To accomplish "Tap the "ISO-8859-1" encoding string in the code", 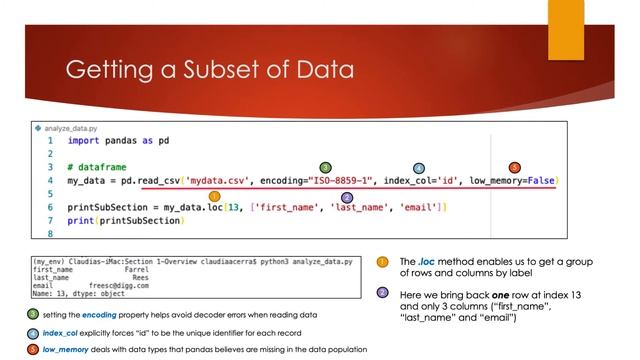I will [329, 179].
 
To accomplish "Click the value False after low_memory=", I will [541, 179].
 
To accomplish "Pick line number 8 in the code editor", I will [49, 233].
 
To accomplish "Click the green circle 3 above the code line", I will [325, 166].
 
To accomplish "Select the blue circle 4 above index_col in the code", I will [419, 167].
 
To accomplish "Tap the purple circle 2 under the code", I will [347, 198].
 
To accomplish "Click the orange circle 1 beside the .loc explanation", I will [382, 262].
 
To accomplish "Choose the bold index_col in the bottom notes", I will [58, 332].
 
